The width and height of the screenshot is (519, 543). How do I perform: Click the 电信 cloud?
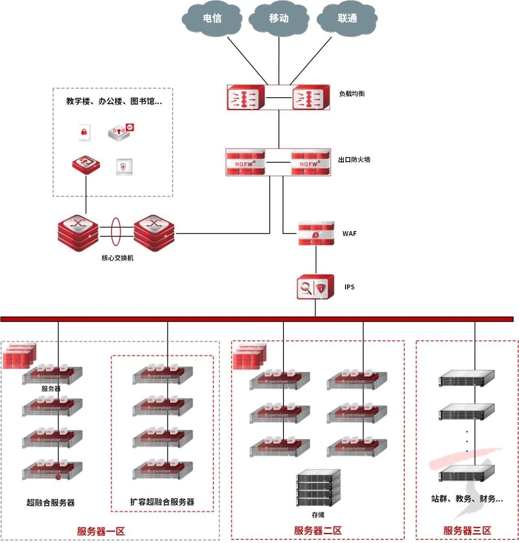pos(212,19)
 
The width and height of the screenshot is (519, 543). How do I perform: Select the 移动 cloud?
pos(279,19)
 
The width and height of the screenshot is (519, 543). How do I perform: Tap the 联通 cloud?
pos(347,19)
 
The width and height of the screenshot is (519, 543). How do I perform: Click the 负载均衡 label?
pos(352,94)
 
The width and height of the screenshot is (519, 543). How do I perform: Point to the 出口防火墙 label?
pos(354,160)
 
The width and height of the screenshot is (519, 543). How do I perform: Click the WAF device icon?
pos(316,234)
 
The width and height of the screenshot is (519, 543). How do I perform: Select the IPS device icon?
pos(315,287)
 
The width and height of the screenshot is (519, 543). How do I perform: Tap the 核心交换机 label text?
pos(117,258)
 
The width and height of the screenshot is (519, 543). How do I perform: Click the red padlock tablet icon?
pos(84,132)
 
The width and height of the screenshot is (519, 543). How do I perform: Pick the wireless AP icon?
pos(120,132)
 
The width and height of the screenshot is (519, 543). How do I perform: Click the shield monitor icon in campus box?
pos(123,166)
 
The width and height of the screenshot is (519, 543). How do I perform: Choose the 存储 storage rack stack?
pos(318,488)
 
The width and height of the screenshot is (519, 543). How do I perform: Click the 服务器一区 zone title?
pos(101,531)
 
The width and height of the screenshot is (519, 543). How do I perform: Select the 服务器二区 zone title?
pos(318,530)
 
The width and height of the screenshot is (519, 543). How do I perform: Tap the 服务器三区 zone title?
pos(467,530)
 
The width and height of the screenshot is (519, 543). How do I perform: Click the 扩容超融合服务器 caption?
pos(162,502)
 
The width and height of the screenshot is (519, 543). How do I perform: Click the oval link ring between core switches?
pos(116,232)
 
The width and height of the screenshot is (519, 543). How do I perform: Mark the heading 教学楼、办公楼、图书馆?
pos(114,101)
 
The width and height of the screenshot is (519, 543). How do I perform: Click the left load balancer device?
pos(246,98)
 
